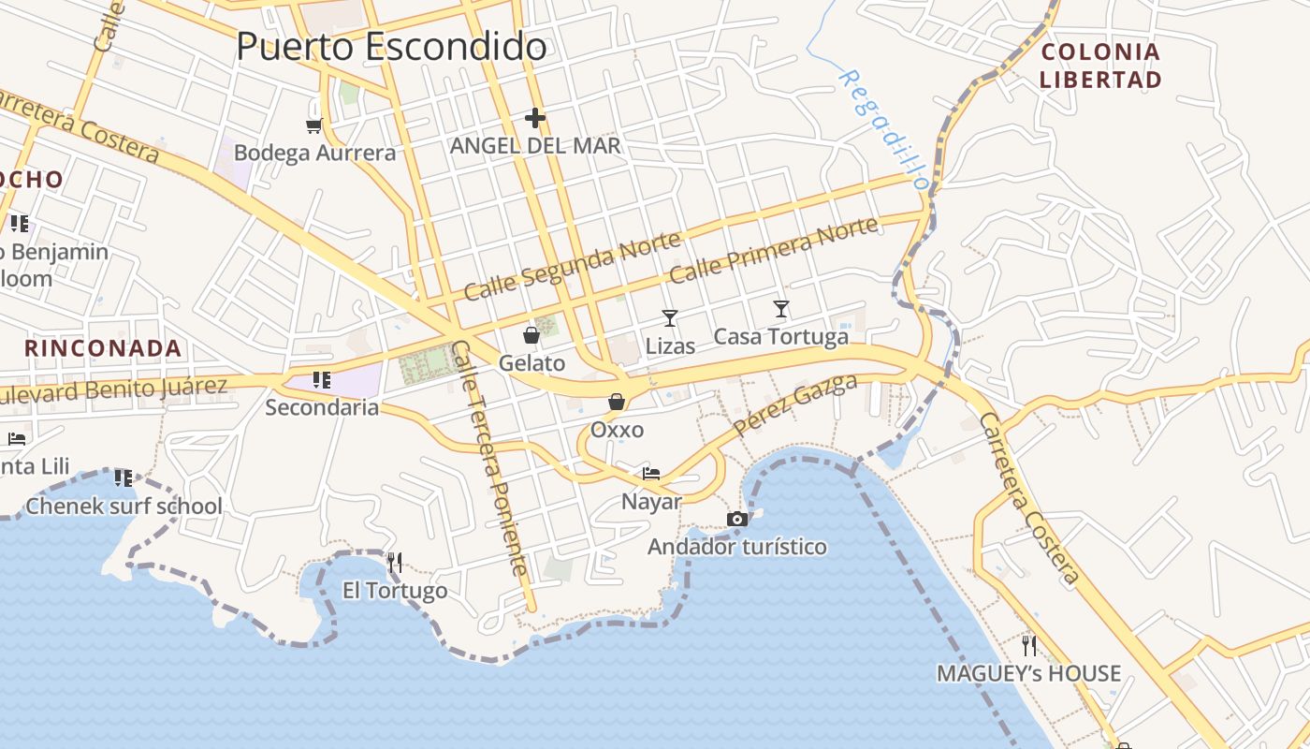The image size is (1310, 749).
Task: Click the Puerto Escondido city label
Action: [391, 46]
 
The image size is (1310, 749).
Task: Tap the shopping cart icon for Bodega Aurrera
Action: [314, 125]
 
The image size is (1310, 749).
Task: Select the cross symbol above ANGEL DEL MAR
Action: [534, 118]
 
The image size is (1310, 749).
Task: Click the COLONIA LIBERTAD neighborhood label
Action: [1100, 66]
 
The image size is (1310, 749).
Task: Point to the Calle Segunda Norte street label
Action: [572, 267]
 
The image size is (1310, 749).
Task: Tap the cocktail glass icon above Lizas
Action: [670, 318]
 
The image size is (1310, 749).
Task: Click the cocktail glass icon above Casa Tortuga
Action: [781, 308]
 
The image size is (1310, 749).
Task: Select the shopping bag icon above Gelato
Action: [531, 335]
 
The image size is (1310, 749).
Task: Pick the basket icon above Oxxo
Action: [617, 402]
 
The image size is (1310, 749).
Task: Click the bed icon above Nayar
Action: [651, 473]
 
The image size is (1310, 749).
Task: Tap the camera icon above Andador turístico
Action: [737, 519]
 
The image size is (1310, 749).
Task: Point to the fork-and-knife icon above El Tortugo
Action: [395, 562]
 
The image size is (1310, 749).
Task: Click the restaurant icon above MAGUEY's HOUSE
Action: [1029, 645]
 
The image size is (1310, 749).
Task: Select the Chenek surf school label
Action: [124, 507]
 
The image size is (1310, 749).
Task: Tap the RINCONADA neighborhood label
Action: [103, 349]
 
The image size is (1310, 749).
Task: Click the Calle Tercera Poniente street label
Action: [489, 458]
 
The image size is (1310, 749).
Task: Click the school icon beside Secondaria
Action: [322, 379]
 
